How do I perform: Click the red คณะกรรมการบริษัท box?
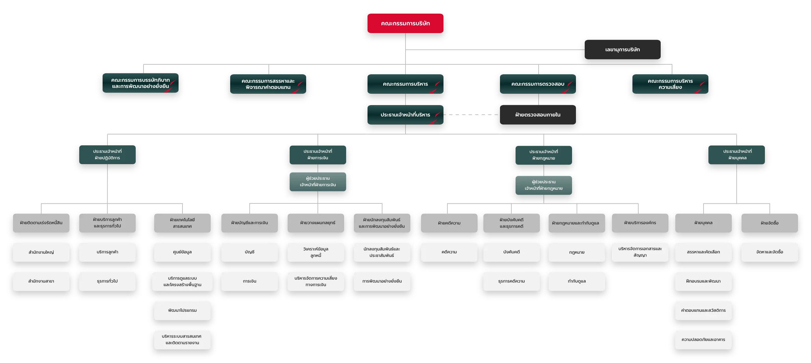(x=405, y=23)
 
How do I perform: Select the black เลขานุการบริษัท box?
(x=622, y=50)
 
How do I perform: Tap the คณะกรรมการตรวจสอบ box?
(x=538, y=84)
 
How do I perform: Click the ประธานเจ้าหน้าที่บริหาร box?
(x=405, y=115)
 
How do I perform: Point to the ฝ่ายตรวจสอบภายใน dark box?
(x=538, y=115)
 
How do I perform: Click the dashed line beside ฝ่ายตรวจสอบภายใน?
(x=471, y=115)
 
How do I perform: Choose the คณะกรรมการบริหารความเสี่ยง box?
(x=670, y=84)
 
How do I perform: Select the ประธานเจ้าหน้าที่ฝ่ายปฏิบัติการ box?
(x=107, y=155)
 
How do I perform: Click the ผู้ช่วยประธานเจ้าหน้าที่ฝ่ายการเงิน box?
(x=318, y=182)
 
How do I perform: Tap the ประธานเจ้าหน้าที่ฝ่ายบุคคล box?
(x=736, y=155)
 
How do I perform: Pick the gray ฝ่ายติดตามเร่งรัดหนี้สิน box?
(x=41, y=223)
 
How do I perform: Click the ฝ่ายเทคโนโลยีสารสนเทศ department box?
(x=182, y=223)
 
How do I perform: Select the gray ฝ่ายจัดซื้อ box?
(x=769, y=223)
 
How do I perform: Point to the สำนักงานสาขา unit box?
(x=41, y=281)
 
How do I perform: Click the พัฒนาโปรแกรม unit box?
(x=182, y=310)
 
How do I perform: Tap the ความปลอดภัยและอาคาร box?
(x=703, y=340)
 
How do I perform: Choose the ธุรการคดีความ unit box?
(x=511, y=281)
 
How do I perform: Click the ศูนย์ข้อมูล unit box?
(x=182, y=252)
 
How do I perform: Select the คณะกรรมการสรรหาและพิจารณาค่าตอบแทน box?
(x=268, y=84)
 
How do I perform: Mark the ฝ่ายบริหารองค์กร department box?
(x=640, y=223)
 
